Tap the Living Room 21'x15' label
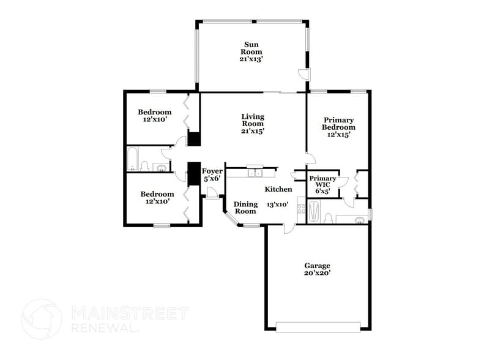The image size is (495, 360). (252, 123)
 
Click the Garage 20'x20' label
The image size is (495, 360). (318, 269)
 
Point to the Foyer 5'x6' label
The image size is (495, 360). (212, 174)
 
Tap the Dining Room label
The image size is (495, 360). (245, 208)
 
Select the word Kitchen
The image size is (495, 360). (278, 189)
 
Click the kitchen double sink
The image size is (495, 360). (256, 173)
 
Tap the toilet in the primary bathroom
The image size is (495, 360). (329, 217)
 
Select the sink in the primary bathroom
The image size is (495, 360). (360, 219)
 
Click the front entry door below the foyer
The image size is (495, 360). (212, 194)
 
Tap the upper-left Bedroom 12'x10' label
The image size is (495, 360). (154, 116)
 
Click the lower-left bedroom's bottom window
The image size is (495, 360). (162, 225)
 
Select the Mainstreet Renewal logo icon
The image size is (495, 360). (41, 319)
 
